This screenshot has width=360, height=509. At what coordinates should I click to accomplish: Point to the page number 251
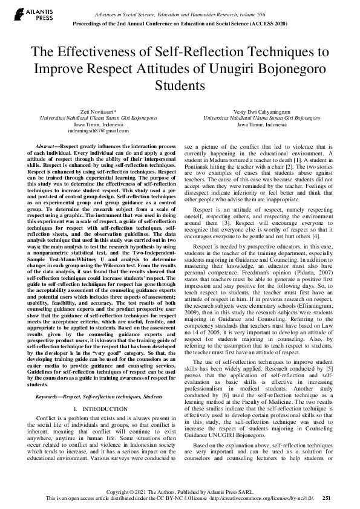click(x=326, y=498)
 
